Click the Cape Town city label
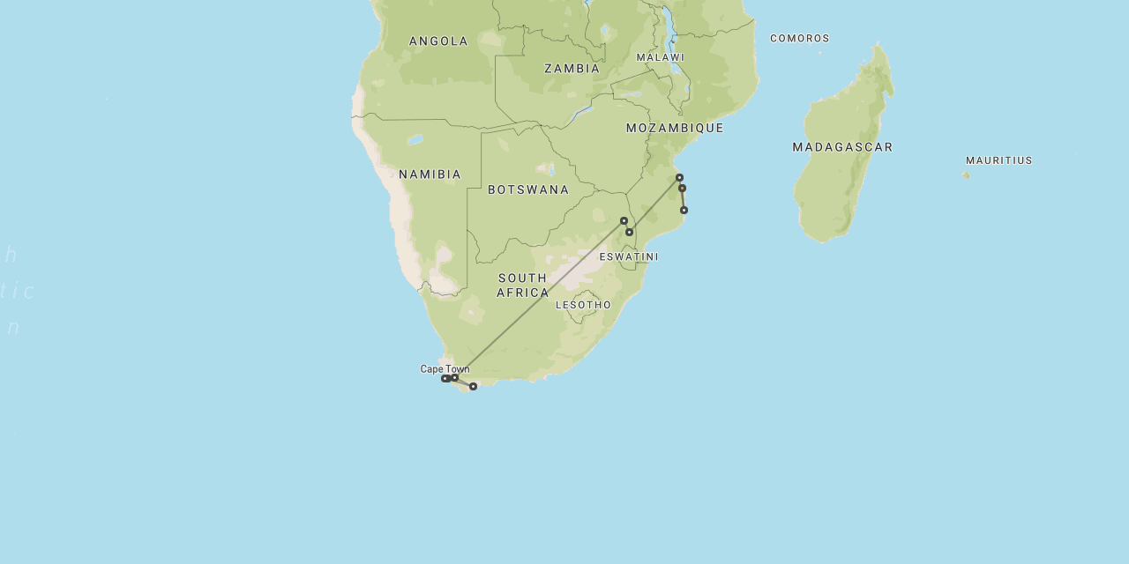click(x=445, y=369)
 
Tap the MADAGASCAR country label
click(x=842, y=147)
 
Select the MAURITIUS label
click(x=998, y=160)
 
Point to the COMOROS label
click(x=799, y=39)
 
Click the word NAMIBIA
click(x=430, y=174)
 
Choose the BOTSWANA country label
click(x=528, y=189)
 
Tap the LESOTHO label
click(x=583, y=305)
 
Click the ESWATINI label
click(x=628, y=257)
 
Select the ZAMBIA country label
click(x=572, y=69)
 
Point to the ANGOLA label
click(x=438, y=41)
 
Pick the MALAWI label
click(x=660, y=57)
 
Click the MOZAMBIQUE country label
click(x=675, y=129)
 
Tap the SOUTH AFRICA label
click(x=522, y=285)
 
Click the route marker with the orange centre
click(x=682, y=188)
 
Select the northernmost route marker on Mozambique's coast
click(x=679, y=177)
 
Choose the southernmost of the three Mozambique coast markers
click(x=684, y=210)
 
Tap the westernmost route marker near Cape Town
click(x=445, y=379)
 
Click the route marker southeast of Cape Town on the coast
click(x=473, y=386)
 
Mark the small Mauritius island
click(x=966, y=174)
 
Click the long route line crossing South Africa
click(x=547, y=295)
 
